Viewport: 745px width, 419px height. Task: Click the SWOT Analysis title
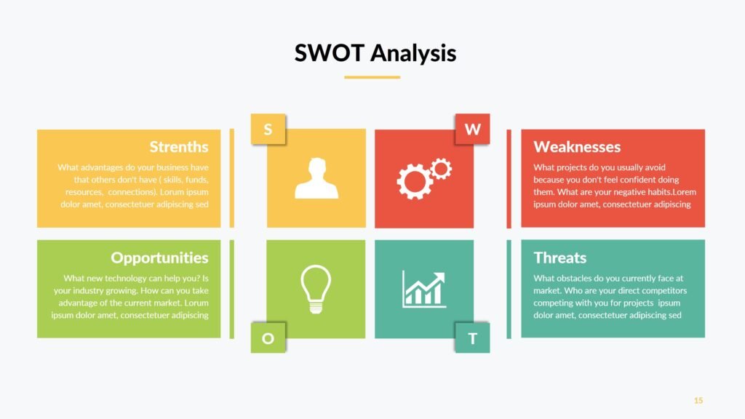375,53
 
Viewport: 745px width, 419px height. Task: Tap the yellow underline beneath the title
372,77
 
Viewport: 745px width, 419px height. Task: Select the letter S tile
268,129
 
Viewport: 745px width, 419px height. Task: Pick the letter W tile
472,129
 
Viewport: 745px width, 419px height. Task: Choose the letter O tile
268,338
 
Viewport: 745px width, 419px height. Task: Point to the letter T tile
472,338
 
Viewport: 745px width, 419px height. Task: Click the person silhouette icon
316,178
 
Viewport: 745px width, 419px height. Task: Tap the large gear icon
414,181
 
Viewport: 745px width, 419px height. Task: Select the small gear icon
442,169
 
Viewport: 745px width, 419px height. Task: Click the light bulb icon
316,289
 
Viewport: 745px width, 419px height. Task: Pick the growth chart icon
424,290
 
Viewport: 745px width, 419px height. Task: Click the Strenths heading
179,147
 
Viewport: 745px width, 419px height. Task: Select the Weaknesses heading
577,147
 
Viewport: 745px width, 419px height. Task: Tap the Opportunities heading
159,258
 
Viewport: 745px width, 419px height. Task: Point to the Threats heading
559,258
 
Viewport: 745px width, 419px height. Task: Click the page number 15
698,401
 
